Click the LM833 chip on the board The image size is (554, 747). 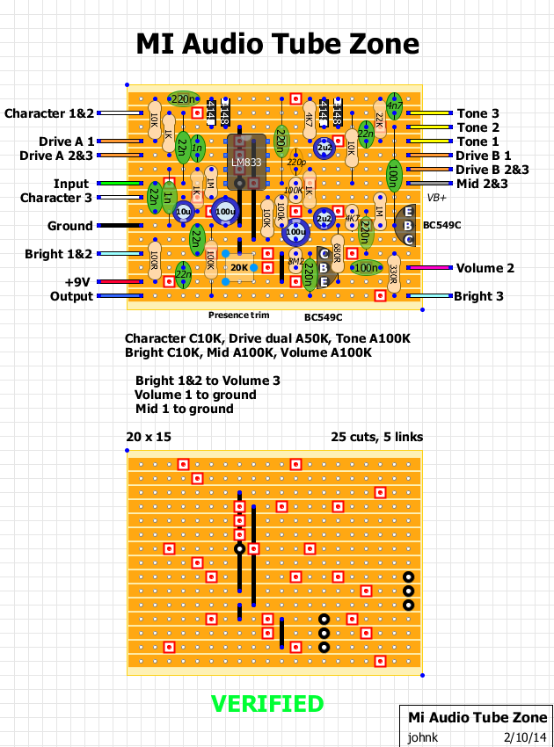pos(240,162)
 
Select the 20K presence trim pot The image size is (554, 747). pos(239,266)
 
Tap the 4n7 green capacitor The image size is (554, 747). pos(395,108)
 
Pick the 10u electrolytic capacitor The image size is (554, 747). pos(184,212)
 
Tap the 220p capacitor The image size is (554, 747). pos(296,163)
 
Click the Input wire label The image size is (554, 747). pos(71,184)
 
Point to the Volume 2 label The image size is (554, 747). pos(485,268)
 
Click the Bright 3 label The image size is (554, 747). pos(478,296)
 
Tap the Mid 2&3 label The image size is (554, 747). pos(483,184)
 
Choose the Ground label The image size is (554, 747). pos(70,226)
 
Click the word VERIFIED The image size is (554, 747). pos(267,703)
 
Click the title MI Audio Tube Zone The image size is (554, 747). pos(277,45)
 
